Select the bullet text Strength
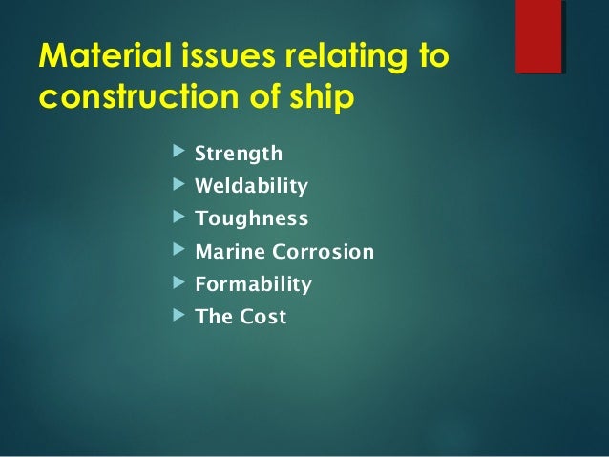pyautogui.click(x=239, y=154)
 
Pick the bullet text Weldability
pyautogui.click(x=251, y=186)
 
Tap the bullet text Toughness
pyautogui.click(x=251, y=219)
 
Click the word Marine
pyautogui.click(x=226, y=253)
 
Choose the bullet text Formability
pyautogui.click(x=253, y=284)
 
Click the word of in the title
pyautogui.click(x=244, y=98)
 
